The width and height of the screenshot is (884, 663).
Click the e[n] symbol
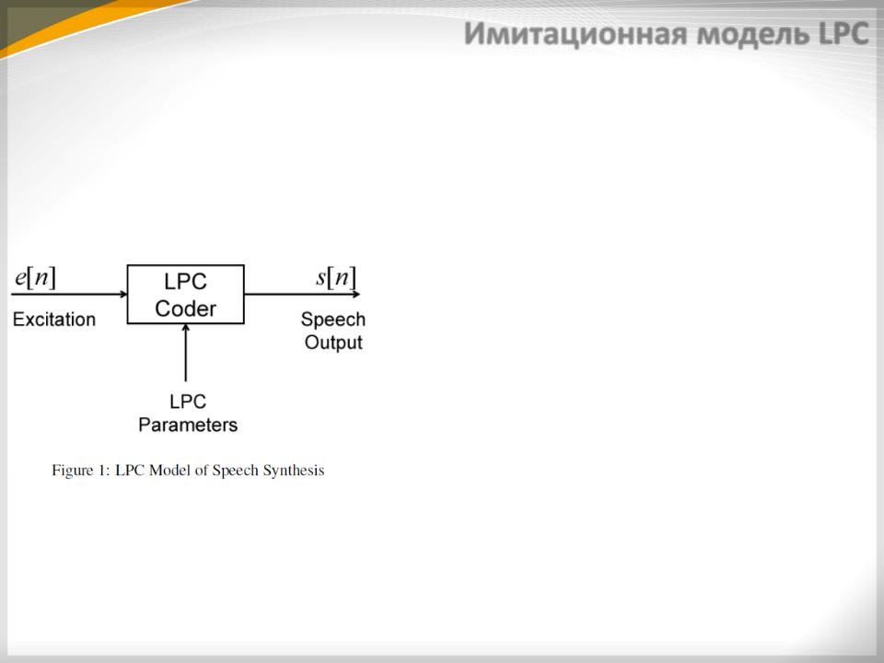pyautogui.click(x=36, y=277)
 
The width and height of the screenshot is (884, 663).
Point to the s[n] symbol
pyautogui.click(x=336, y=277)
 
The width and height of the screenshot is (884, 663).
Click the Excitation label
pyautogui.click(x=54, y=320)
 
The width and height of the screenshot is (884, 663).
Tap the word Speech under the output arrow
pyautogui.click(x=333, y=320)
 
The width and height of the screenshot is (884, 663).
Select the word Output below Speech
pyautogui.click(x=333, y=343)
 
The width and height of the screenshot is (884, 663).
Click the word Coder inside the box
pyautogui.click(x=185, y=308)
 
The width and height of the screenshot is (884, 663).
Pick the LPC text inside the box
pyautogui.click(x=185, y=282)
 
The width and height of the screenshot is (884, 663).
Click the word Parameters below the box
pyautogui.click(x=188, y=425)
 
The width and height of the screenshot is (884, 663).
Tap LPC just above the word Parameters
pyautogui.click(x=188, y=401)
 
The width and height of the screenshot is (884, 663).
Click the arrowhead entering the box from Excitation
pyautogui.click(x=123, y=294)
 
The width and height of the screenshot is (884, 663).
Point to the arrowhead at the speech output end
pyautogui.click(x=355, y=294)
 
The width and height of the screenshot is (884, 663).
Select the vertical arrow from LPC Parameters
pyautogui.click(x=185, y=353)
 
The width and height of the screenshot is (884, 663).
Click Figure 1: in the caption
pyautogui.click(x=81, y=471)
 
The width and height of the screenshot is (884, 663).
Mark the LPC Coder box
pyautogui.click(x=185, y=265)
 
